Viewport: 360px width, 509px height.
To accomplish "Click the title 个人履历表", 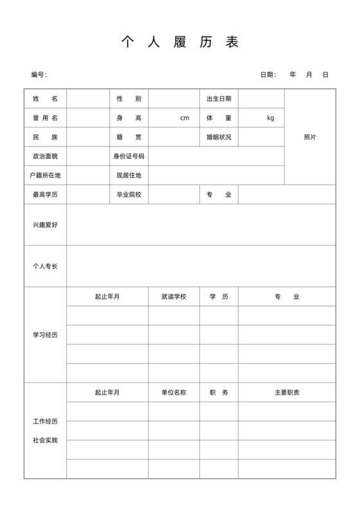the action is pos(180,42).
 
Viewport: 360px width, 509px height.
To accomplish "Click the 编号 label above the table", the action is pos(39,75).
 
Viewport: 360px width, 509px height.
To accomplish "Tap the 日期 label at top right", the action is pos(267,75).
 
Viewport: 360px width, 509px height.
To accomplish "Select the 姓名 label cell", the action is pos(45,99).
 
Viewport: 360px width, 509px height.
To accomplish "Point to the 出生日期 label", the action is pos(219,99).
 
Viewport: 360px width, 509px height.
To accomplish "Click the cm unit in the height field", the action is pos(185,118).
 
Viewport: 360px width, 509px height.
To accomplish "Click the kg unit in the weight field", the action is pos(271,118).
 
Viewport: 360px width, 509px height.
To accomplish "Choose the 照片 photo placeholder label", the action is pos(310,138).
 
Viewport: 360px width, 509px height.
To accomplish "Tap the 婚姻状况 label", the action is pos(219,138).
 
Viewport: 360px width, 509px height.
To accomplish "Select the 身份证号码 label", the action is pos(129,156).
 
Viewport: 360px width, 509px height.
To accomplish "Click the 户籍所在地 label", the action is pos(45,175).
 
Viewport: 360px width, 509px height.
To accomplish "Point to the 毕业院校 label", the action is pos(129,195).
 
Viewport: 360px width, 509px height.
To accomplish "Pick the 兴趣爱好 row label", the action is pos(45,225).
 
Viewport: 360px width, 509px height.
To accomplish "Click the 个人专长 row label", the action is pos(45,266).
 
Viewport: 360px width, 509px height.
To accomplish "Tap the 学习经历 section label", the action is pos(45,335).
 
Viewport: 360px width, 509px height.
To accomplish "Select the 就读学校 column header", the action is pos(174,297).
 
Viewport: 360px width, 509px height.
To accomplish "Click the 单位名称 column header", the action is pos(174,393).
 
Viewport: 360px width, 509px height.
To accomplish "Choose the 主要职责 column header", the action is pos(287,393).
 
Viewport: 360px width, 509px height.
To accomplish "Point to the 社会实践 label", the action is pos(45,440).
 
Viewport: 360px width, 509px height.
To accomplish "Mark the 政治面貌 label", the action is pos(45,156).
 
